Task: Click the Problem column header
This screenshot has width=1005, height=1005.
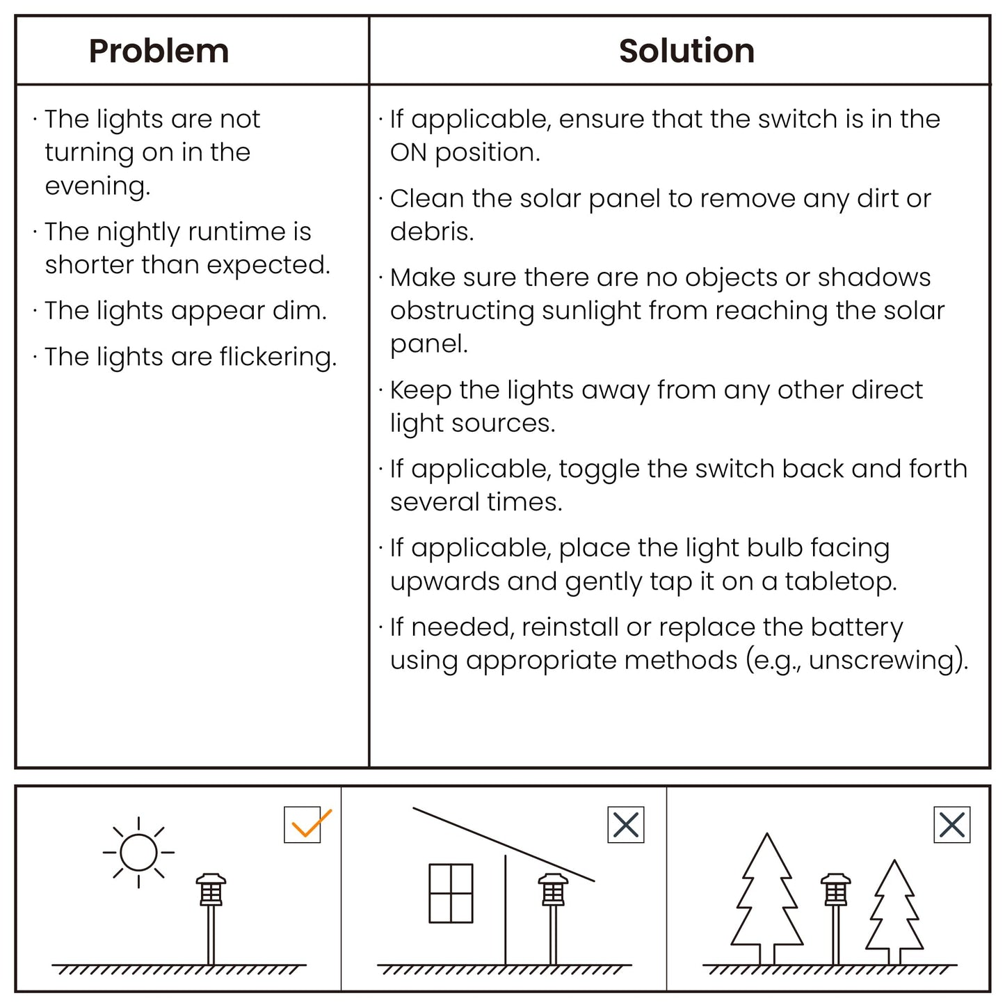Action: tap(159, 51)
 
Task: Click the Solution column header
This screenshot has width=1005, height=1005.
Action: tap(686, 51)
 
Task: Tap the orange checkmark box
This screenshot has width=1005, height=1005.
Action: tap(303, 825)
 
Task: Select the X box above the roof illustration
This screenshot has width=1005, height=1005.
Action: tap(626, 825)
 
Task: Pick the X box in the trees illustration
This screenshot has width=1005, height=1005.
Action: tap(951, 825)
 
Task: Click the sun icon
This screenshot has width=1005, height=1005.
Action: tap(138, 852)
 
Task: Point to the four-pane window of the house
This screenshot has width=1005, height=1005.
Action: tap(451, 893)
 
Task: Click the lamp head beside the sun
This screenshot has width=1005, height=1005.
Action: tap(211, 890)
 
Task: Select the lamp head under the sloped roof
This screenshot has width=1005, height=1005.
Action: tap(553, 890)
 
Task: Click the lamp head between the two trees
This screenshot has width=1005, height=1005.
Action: tap(835, 890)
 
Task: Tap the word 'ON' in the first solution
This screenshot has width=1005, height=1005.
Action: tap(408, 152)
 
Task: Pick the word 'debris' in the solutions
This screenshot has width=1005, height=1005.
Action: tap(431, 232)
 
